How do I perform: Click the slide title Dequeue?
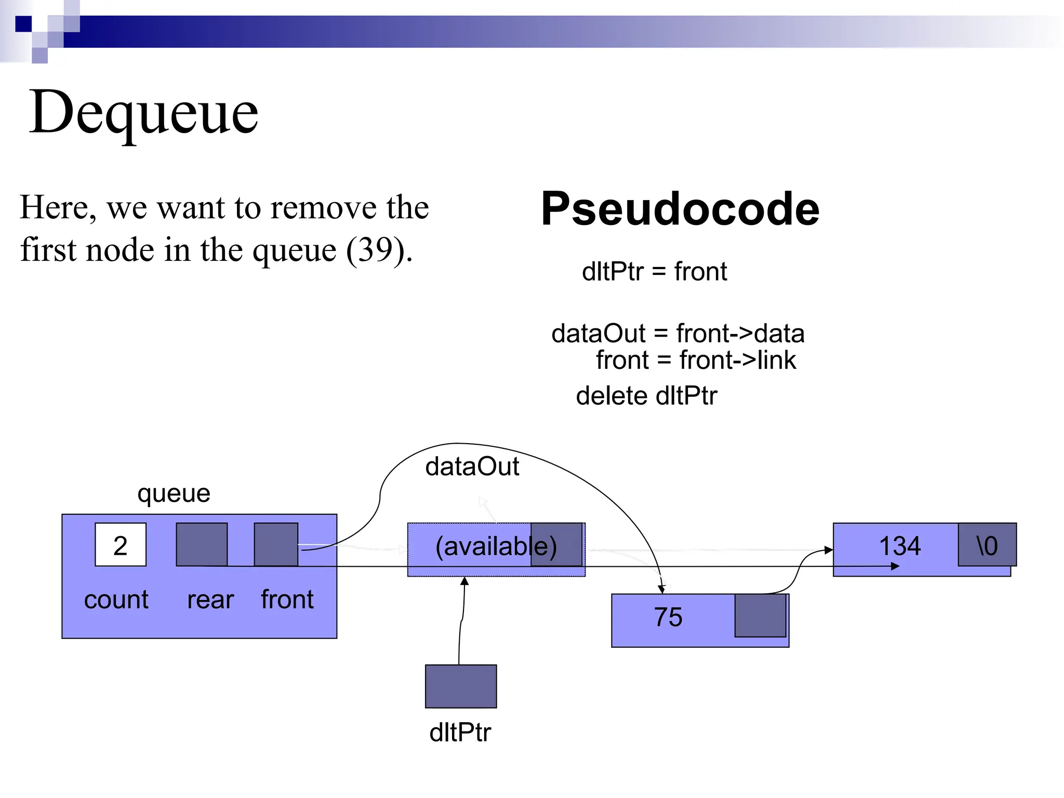[143, 112]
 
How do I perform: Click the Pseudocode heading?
[680, 209]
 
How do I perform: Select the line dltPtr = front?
[654, 272]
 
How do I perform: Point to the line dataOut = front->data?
[677, 334]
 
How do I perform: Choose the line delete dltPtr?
[646, 396]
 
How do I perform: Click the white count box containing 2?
[121, 544]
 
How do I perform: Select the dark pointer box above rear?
[202, 544]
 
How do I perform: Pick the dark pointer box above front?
[276, 544]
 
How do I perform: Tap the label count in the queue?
[116, 600]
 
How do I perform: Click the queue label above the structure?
[174, 493]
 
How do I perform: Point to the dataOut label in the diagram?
[472, 467]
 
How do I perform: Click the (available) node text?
[495, 547]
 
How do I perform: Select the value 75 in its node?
[668, 617]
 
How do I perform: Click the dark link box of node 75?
[760, 616]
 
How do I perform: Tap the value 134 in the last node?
[899, 546]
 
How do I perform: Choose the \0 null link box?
[987, 545]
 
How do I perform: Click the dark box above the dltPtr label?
[461, 686]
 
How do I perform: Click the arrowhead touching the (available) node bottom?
[464, 581]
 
